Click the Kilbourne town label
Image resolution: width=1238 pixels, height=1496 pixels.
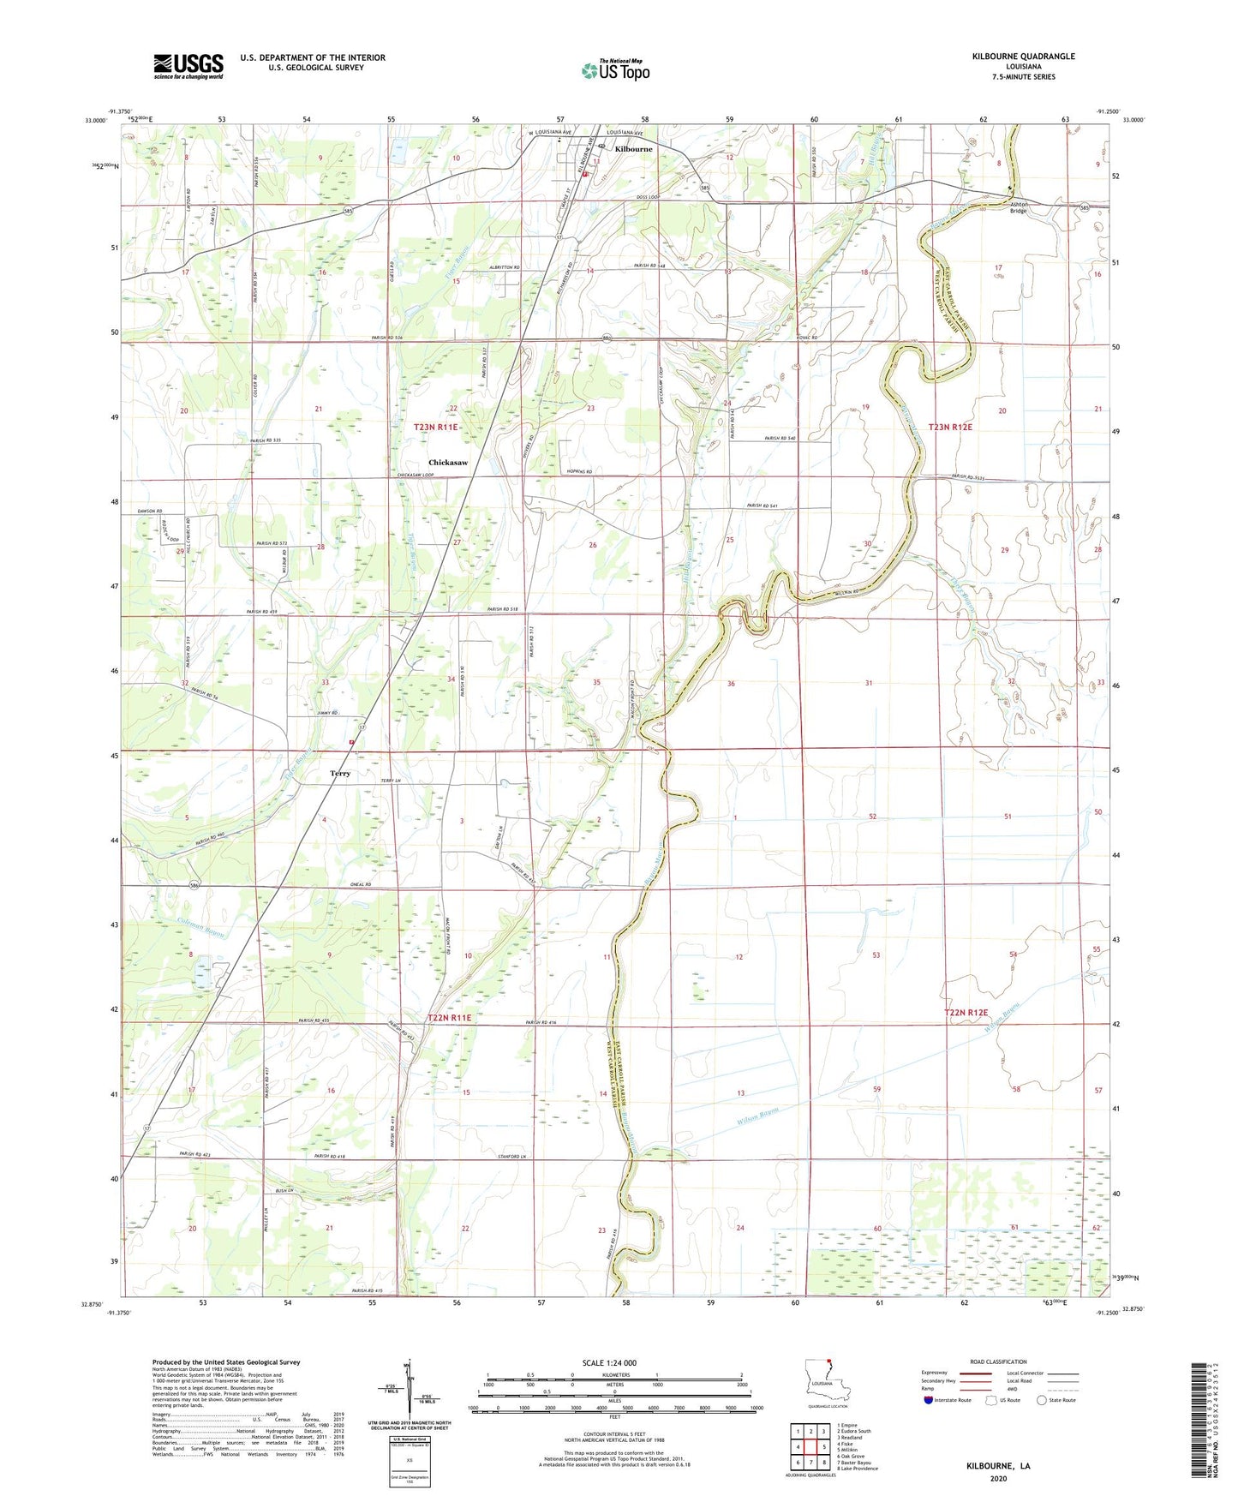click(633, 149)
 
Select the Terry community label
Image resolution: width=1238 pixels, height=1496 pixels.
click(340, 774)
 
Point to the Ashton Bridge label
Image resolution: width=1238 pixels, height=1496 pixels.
click(1018, 206)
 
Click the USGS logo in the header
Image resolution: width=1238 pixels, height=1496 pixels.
click(188, 66)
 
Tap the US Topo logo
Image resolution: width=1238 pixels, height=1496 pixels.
click(615, 70)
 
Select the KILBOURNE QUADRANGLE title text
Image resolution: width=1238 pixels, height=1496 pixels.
click(1023, 57)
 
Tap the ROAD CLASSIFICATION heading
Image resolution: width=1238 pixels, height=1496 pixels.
click(998, 1361)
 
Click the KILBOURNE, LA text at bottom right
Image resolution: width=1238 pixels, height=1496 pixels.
click(998, 1466)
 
